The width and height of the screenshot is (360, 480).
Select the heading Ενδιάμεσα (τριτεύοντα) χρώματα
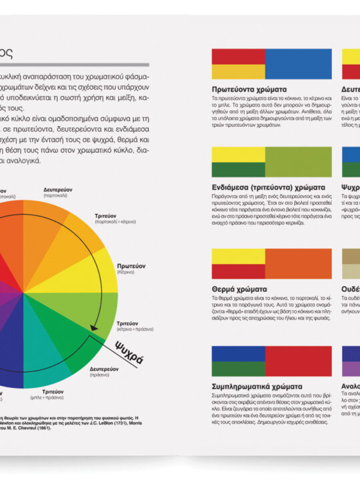268,187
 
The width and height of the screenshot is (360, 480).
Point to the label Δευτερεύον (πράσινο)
106,370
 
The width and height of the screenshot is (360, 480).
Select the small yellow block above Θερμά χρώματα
238,256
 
